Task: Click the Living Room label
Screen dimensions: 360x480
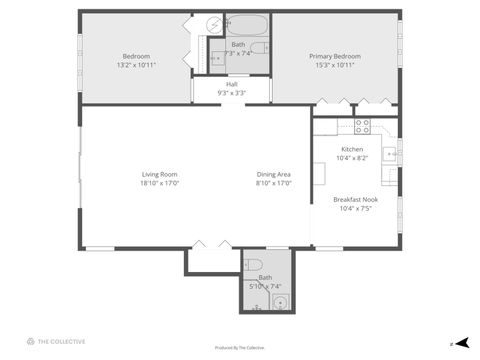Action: pos(159,175)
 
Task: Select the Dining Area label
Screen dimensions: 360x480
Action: pos(273,175)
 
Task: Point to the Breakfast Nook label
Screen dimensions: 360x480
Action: pos(355,200)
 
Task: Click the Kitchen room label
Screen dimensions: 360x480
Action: pos(352,149)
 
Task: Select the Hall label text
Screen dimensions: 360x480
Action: pos(232,84)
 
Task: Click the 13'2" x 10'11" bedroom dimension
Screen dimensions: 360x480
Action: pos(136,65)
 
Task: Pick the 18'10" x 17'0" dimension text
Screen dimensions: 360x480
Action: pos(159,184)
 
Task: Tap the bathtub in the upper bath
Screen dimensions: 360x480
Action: pos(246,25)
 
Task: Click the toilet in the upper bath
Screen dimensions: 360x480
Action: pos(257,48)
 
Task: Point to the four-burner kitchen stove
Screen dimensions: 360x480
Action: pos(362,126)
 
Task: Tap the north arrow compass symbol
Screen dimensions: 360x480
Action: pos(461,342)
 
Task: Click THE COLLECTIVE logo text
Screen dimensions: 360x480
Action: pos(61,342)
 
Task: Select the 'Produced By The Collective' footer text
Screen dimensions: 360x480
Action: pos(240,348)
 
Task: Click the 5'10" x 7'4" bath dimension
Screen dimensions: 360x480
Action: pos(265,286)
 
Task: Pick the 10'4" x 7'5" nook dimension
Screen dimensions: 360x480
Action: pos(355,209)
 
